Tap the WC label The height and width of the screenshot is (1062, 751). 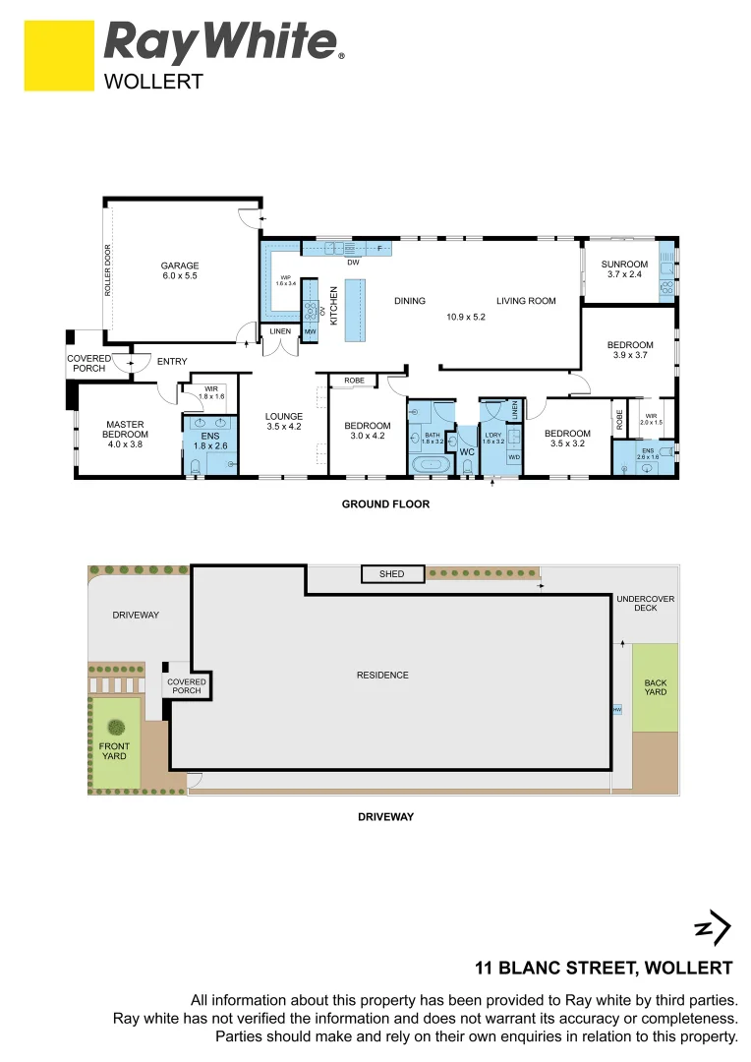(467, 452)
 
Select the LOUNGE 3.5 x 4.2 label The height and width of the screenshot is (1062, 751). (284, 422)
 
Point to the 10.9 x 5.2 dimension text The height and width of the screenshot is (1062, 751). (467, 317)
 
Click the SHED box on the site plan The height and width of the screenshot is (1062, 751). (392, 574)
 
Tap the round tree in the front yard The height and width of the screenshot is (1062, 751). (116, 728)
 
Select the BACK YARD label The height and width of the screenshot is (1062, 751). (655, 687)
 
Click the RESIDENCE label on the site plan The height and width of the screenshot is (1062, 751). (382, 675)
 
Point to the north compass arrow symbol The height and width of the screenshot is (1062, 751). (713, 927)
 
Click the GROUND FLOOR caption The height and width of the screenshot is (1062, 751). (384, 504)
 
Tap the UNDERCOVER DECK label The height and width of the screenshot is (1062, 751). (646, 603)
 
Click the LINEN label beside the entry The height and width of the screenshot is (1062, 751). (279, 331)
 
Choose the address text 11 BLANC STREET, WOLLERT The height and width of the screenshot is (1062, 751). (604, 968)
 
